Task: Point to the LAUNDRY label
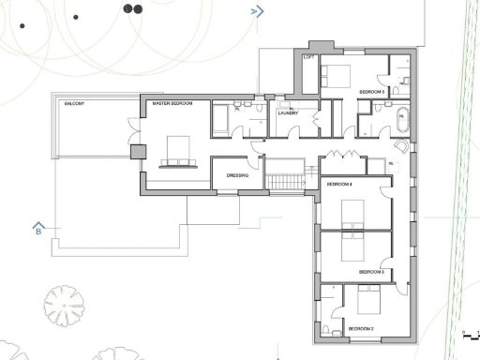[x=287, y=112]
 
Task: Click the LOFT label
[x=308, y=57]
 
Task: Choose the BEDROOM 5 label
[x=372, y=91]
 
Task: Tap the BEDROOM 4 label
[x=338, y=185]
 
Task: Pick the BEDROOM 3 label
[x=372, y=272]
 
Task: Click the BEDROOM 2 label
[x=361, y=329]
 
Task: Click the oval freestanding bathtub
[x=403, y=121]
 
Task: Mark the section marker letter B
[x=38, y=229]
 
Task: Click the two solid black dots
[x=132, y=8]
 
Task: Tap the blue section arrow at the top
[x=256, y=11]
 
